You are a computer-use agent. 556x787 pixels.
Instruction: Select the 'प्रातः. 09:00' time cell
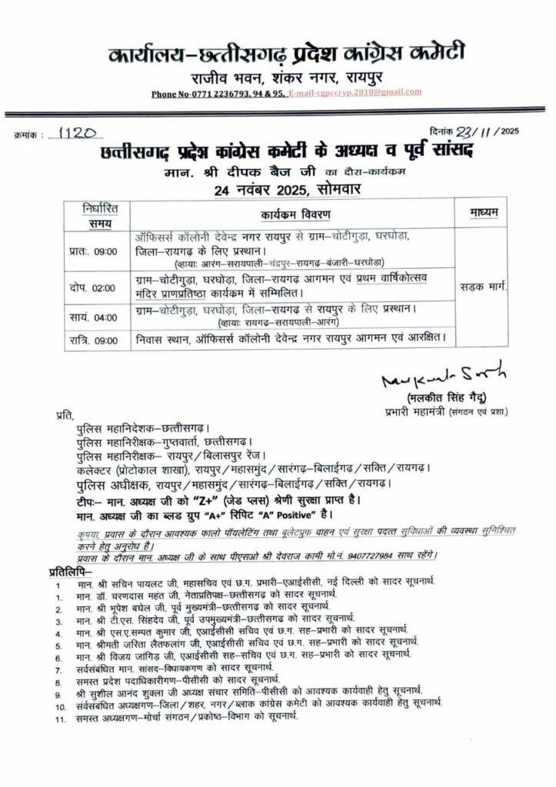pos(90,250)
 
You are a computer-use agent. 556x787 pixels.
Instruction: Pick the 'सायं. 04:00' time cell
pos(90,317)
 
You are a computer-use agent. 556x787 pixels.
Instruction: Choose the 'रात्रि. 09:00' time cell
pos(90,339)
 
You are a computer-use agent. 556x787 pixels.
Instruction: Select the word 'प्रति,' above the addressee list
pos(66,415)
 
